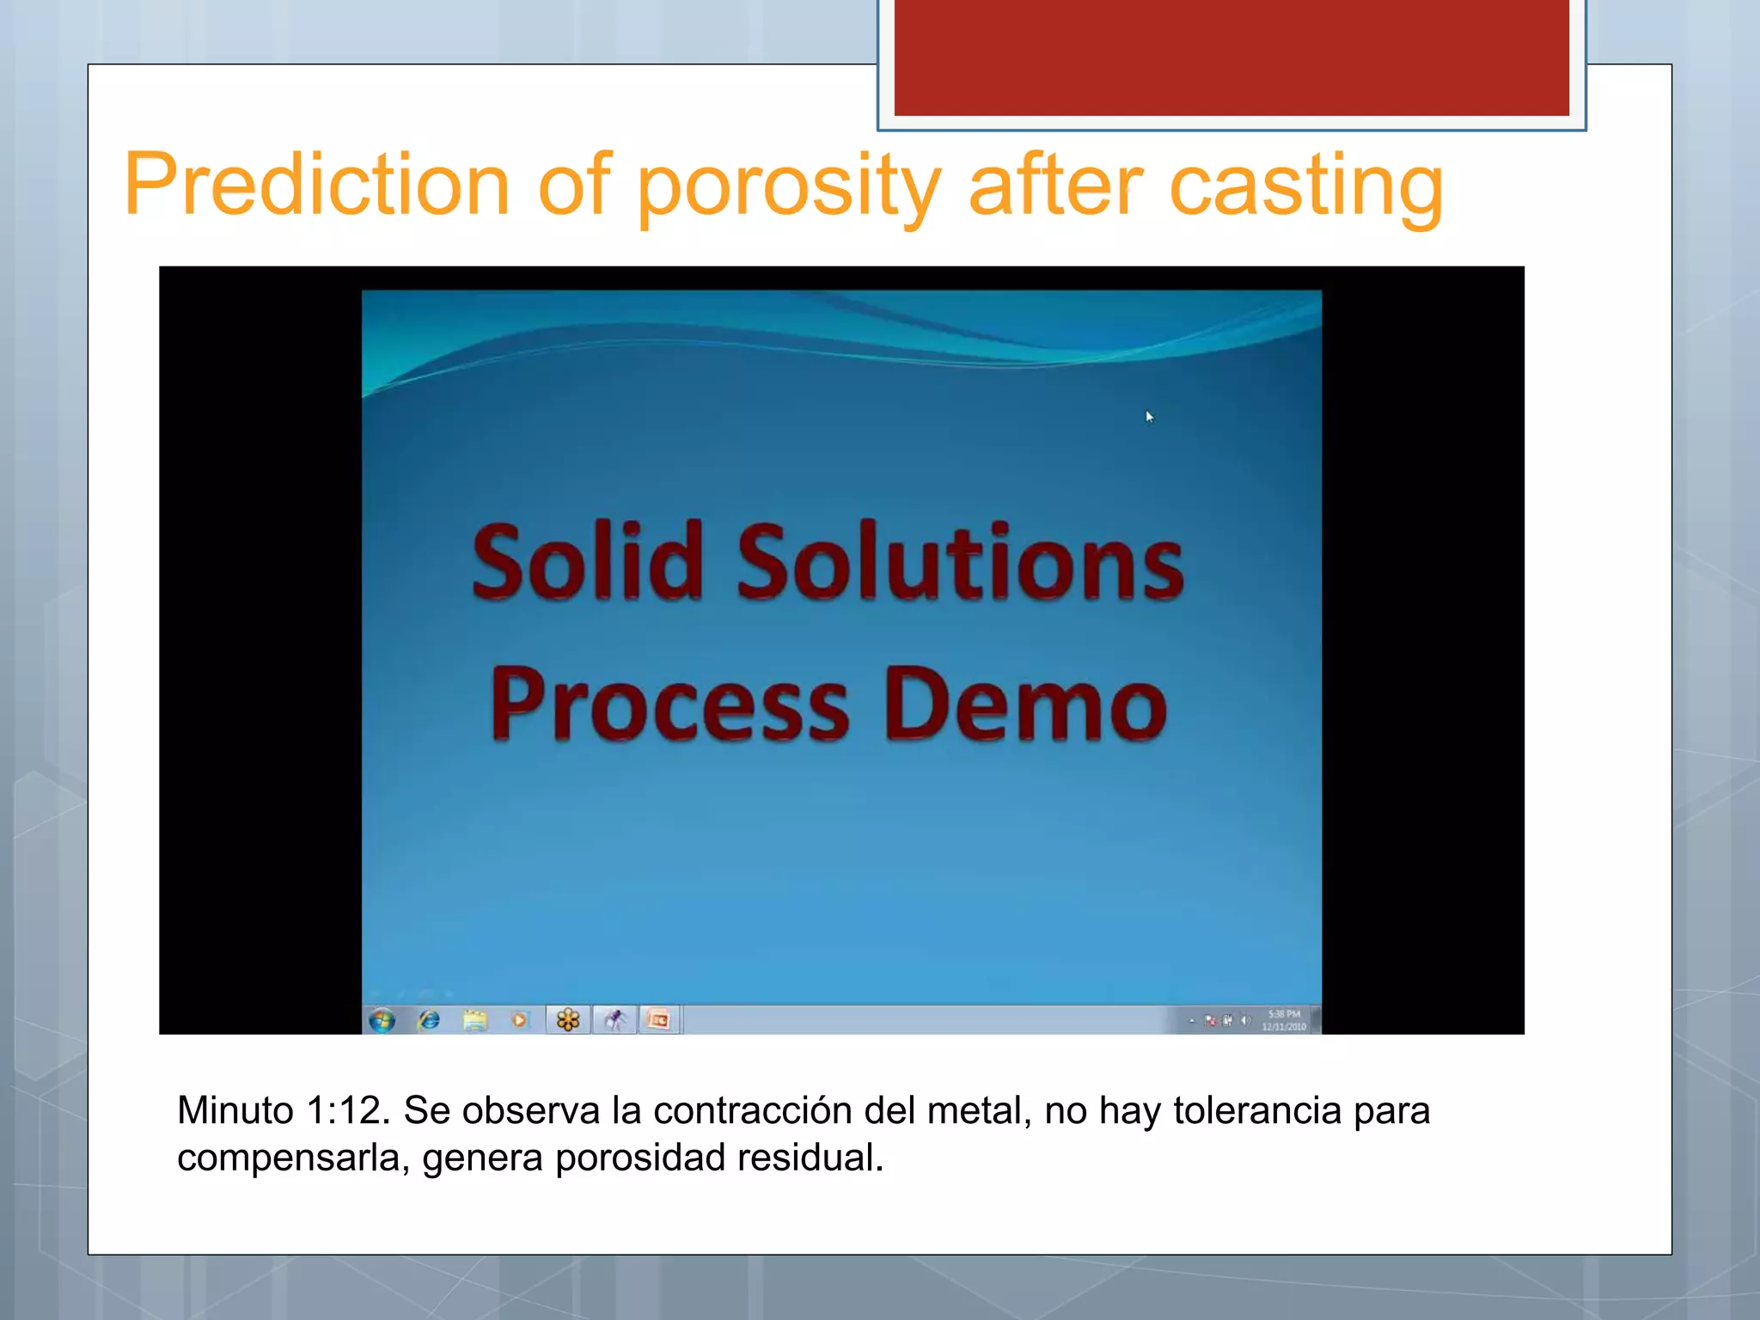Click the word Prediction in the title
(x=317, y=185)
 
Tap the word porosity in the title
(x=788, y=187)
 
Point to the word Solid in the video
(x=588, y=562)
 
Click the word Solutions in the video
(x=961, y=564)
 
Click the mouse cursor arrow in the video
(x=1149, y=417)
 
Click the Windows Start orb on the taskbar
(x=382, y=1020)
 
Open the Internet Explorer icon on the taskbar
(x=429, y=1020)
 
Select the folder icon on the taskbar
(x=474, y=1020)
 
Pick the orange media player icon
(x=519, y=1020)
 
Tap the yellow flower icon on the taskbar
(x=568, y=1020)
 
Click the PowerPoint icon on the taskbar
(x=659, y=1020)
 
